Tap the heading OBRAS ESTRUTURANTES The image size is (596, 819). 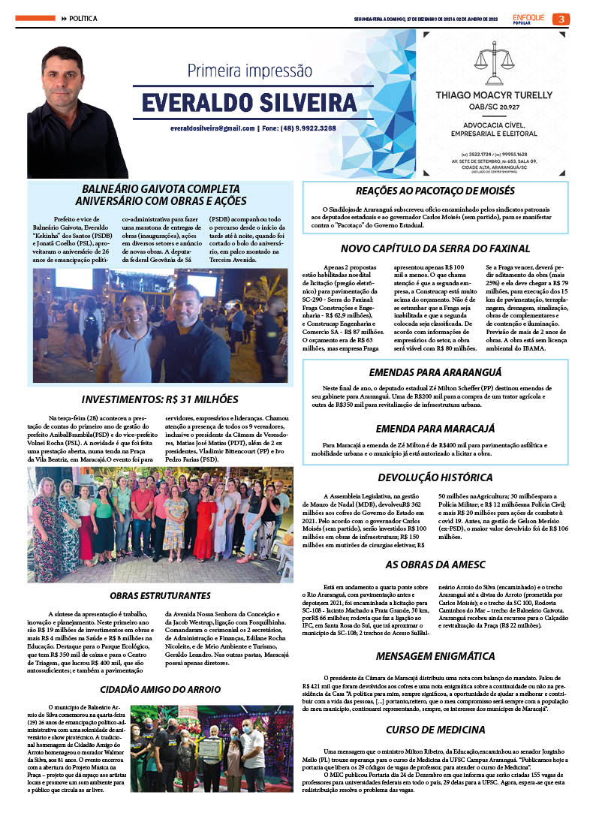tap(160, 595)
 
